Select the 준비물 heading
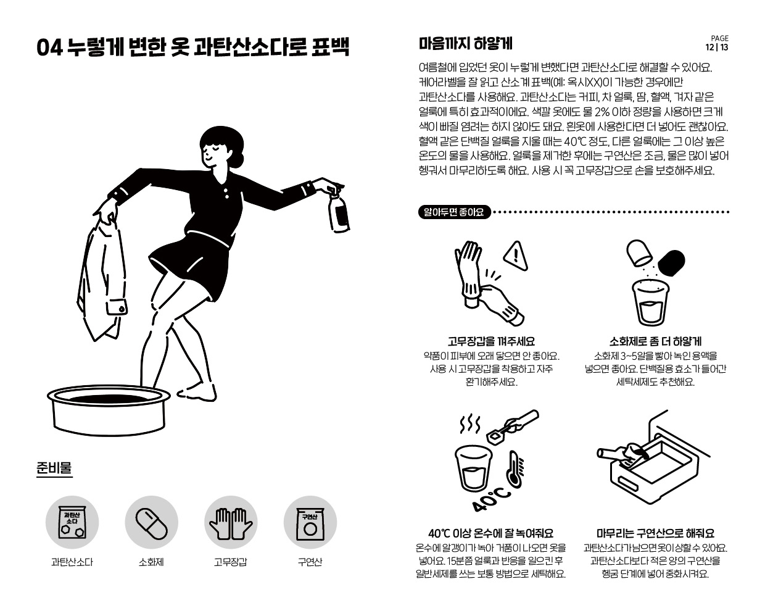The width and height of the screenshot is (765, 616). (x=54, y=468)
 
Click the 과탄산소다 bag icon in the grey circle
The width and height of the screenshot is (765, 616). (x=72, y=522)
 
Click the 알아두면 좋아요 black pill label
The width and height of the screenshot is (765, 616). (x=454, y=212)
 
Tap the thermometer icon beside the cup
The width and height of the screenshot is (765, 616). (x=515, y=468)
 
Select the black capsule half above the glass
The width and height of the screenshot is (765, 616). (x=671, y=263)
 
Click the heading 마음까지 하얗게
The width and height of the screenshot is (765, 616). (x=465, y=43)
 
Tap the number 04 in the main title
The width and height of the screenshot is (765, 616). (x=49, y=48)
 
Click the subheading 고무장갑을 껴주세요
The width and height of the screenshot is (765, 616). (x=491, y=341)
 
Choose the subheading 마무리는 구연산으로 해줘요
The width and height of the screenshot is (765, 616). (x=656, y=533)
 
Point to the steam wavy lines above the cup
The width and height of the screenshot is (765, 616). (x=470, y=424)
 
